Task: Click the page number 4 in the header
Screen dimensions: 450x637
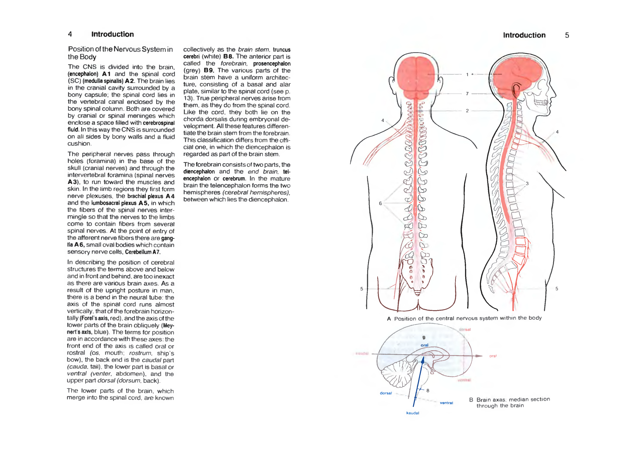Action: click(x=70, y=34)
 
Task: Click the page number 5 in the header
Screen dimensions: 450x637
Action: click(x=567, y=35)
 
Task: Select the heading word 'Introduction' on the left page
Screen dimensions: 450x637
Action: click(x=112, y=34)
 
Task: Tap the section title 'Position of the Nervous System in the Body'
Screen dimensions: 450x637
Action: click(x=120, y=53)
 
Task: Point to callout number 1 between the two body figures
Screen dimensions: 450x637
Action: click(x=467, y=74)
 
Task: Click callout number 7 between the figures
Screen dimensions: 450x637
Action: click(x=467, y=94)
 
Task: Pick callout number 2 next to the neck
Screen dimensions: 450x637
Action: click(x=467, y=111)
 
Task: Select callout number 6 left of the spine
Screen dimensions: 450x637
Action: click(x=380, y=203)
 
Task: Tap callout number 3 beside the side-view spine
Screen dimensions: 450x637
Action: click(x=527, y=183)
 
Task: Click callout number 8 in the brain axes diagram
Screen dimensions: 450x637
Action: click(x=428, y=390)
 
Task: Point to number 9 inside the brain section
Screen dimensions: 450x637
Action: click(x=424, y=337)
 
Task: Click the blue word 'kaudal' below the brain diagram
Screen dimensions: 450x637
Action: click(x=413, y=413)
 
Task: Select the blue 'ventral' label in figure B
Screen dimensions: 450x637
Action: click(x=446, y=403)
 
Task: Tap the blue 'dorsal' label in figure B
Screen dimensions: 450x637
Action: click(x=386, y=393)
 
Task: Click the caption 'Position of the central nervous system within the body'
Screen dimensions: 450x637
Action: click(x=468, y=318)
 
